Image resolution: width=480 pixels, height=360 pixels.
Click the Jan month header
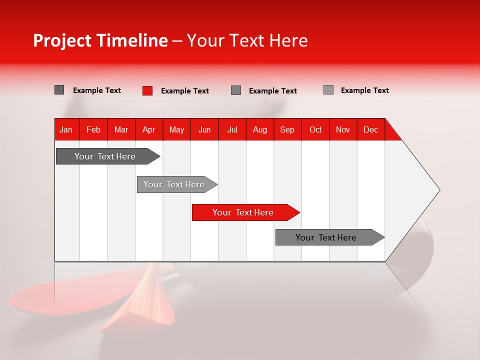[x=66, y=129]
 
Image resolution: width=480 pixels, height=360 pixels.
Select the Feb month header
[x=93, y=129]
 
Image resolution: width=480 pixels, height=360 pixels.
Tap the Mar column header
[x=121, y=129]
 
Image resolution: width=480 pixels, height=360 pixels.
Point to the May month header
[x=176, y=129]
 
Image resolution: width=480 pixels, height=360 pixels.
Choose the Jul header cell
[x=232, y=129]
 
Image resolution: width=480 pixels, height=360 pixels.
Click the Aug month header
[x=260, y=129]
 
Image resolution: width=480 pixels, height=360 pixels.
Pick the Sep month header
[x=287, y=129]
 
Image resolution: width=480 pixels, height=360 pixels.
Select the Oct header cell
[x=315, y=129]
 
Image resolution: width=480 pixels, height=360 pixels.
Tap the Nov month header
[x=343, y=129]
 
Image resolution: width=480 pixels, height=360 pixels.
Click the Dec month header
[x=371, y=129]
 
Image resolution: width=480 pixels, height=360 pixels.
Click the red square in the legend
[x=147, y=90]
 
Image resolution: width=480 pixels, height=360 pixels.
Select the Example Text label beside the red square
[x=185, y=91]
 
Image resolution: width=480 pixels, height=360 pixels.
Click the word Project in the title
[x=62, y=40]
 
